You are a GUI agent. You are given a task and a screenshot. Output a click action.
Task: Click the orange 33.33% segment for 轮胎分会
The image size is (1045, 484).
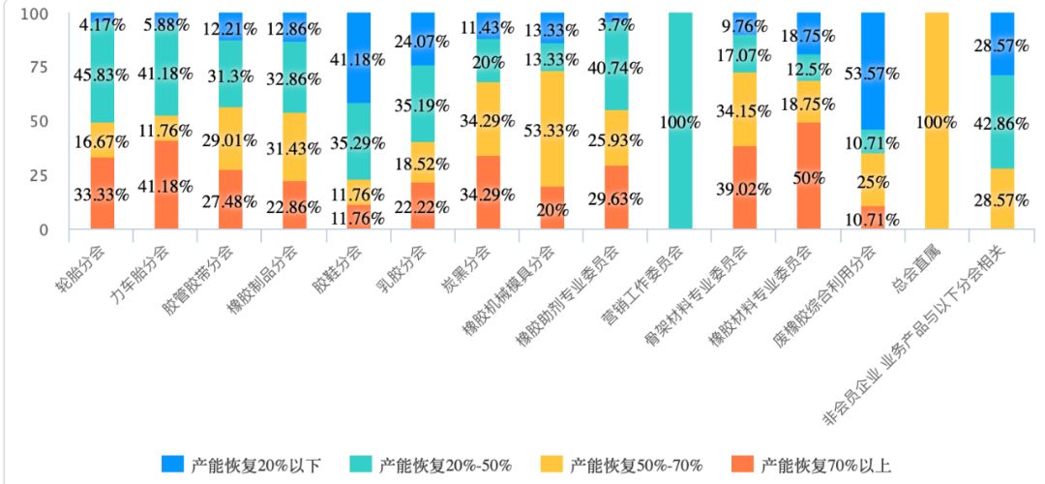click(x=103, y=194)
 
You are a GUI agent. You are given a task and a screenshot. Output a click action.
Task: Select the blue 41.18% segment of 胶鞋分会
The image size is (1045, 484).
click(x=358, y=58)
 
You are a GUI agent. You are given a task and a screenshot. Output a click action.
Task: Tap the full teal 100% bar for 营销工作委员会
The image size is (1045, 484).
click(x=679, y=121)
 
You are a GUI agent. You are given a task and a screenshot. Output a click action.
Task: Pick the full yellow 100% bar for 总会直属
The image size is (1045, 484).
click(x=937, y=121)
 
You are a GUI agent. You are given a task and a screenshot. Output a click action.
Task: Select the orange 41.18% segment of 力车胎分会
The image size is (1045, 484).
click(x=166, y=185)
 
